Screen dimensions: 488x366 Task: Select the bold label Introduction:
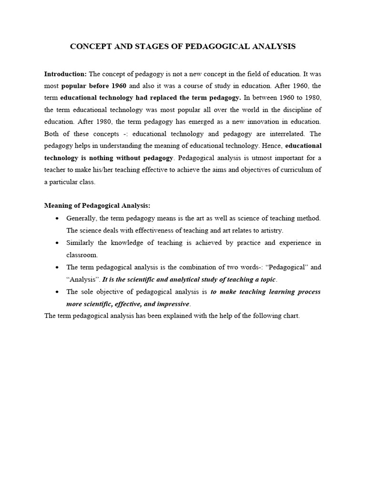[65, 74]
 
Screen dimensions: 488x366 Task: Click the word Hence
[271, 146]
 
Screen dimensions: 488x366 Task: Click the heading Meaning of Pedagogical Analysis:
[97, 205]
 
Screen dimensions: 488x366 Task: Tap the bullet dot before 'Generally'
[57, 218]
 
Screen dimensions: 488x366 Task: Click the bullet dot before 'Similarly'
[57, 243]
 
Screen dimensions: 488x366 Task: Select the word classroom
[82, 255]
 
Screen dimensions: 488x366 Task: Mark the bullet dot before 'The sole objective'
[57, 292]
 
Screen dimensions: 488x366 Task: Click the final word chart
[291, 316]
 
